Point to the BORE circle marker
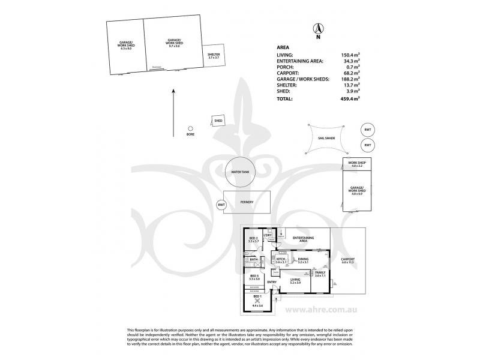point(190,128)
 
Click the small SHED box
point(218,121)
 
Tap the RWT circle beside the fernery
point(221,205)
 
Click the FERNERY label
point(247,202)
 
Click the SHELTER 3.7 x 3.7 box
point(214,56)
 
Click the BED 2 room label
point(253,240)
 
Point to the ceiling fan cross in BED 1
point(257,301)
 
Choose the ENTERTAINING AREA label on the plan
point(304,239)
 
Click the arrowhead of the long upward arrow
point(173,91)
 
